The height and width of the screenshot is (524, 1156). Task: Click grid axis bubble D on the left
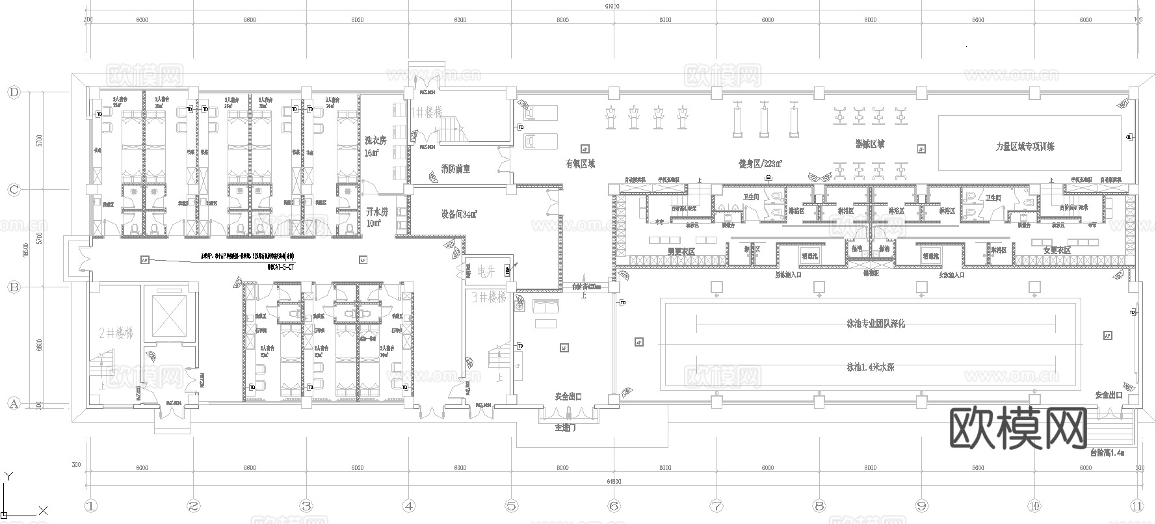pos(14,92)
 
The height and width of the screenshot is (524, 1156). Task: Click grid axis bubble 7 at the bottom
pos(716,506)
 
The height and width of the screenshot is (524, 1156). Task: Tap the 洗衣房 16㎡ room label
pos(375,146)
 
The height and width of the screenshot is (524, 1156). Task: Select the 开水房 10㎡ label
pos(376,217)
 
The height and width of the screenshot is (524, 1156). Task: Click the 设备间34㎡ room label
pos(459,214)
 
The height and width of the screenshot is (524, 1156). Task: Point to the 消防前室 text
pos(455,169)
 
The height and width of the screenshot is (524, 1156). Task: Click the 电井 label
pos(486,271)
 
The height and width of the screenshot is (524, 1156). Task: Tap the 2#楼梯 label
pos(116,334)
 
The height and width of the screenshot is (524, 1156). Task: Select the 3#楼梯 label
pos(488,297)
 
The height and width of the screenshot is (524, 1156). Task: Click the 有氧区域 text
pos(579,164)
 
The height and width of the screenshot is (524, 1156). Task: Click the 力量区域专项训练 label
pos(1025,147)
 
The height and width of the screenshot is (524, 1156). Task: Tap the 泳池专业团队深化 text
pos(875,323)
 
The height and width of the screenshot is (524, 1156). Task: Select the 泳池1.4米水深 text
pos(870,367)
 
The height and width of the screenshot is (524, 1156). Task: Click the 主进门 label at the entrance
pos(564,428)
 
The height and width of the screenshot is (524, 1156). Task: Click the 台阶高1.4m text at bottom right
pos(1107,452)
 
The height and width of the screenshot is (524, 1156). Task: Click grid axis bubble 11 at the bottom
pos(1136,506)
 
